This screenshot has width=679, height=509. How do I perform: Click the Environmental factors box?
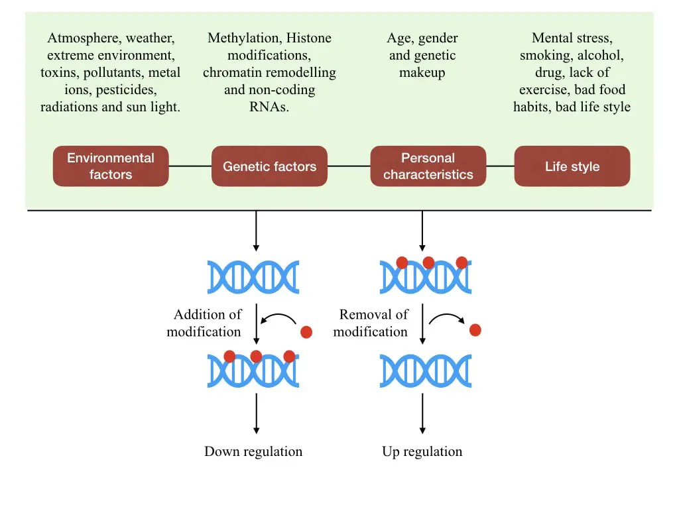pos(111,166)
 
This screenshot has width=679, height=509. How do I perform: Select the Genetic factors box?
pos(269,166)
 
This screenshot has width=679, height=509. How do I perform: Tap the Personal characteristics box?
pos(428,166)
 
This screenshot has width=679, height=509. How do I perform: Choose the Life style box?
pos(572,166)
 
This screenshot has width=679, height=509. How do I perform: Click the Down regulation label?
pos(253,452)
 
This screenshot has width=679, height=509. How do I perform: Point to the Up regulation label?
pos(422,452)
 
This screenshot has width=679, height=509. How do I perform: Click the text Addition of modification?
pos(205,323)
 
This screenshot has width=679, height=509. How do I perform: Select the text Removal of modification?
pos(371,323)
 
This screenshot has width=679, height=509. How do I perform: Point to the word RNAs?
pos(269,107)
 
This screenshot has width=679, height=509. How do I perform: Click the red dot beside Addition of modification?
pos(306,331)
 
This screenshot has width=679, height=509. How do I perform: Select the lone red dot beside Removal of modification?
pos(475,329)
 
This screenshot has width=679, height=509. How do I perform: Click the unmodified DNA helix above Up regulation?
pos(425,371)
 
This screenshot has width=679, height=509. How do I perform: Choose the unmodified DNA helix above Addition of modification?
pos(253,277)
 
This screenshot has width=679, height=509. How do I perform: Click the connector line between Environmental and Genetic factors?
pos(190,166)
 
